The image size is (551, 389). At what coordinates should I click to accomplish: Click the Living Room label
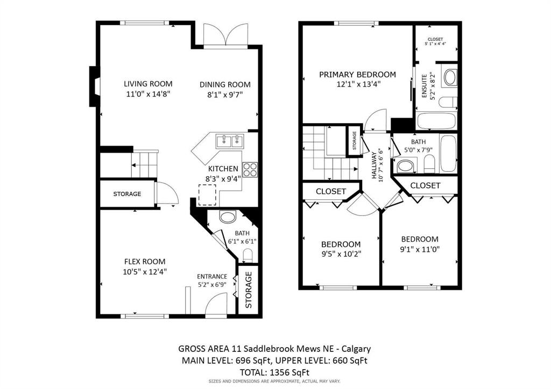(148, 83)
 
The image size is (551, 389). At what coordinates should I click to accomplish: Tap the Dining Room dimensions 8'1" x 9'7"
(225, 96)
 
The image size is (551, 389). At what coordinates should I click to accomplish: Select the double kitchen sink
(230, 141)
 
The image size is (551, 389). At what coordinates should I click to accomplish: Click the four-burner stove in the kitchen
(250, 170)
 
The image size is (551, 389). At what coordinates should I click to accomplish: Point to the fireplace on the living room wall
(94, 86)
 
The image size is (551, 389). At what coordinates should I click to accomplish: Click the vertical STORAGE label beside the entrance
(249, 290)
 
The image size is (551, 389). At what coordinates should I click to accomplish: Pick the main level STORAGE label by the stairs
(127, 194)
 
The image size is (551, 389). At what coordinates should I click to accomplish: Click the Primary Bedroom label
(357, 75)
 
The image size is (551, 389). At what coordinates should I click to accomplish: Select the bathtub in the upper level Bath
(448, 153)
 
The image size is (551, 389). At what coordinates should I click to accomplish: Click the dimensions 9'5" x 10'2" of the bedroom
(341, 254)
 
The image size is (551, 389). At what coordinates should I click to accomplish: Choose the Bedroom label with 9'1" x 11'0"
(420, 239)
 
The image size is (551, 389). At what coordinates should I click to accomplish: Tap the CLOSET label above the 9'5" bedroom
(330, 191)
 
